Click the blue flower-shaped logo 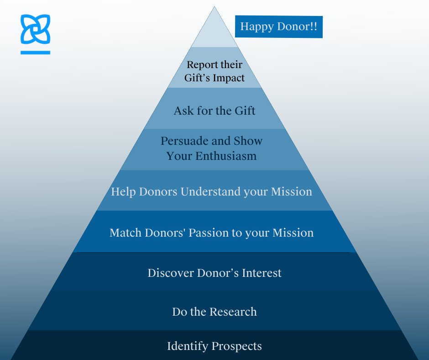point(35,29)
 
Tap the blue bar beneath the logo point(35,53)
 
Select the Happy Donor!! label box point(278,27)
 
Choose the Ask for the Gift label point(214,111)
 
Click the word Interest point(261,273)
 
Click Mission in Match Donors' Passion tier point(293,233)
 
